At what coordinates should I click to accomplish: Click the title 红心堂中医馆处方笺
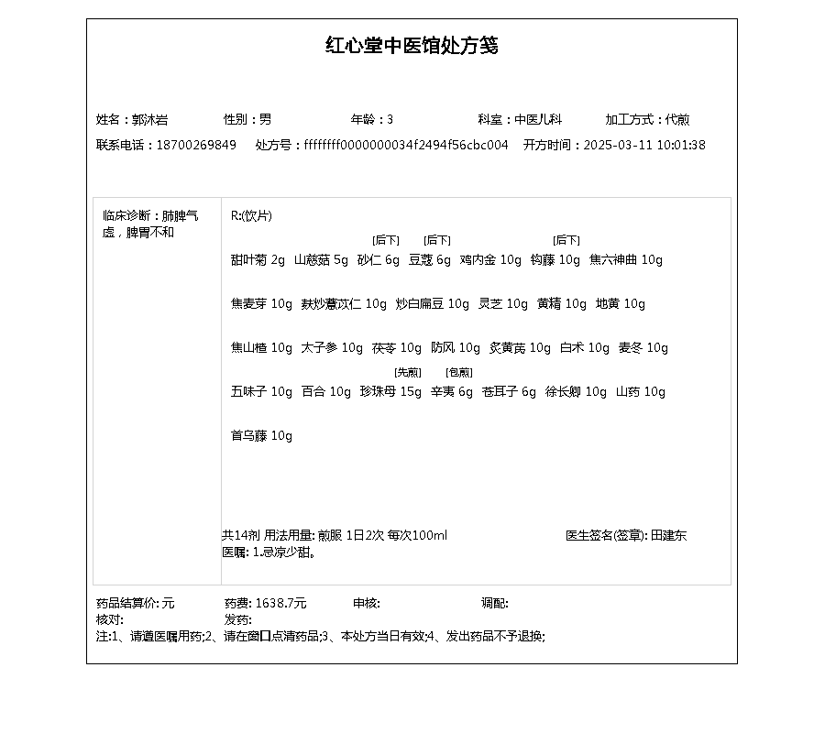coord(412,46)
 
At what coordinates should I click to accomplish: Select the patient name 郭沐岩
coord(149,119)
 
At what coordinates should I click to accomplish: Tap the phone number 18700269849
coord(196,145)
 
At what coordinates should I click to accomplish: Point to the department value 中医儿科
coord(538,119)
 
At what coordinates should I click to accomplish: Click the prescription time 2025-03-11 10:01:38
coord(644,145)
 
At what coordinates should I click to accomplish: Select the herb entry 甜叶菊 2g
coord(258,259)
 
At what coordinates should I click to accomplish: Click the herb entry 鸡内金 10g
coord(490,259)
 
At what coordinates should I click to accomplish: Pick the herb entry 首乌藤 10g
coord(261,435)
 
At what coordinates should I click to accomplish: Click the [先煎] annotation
coord(407,372)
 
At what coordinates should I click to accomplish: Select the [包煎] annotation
coord(458,372)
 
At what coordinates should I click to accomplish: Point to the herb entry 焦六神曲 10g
coord(625,259)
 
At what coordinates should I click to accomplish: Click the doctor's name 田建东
coord(668,535)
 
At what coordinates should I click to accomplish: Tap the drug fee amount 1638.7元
coord(280,603)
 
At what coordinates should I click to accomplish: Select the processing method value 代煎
coord(677,119)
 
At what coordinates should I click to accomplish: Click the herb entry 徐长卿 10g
coord(576,391)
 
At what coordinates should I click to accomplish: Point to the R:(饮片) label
coord(251,215)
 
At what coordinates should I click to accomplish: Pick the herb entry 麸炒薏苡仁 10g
coord(344,303)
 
